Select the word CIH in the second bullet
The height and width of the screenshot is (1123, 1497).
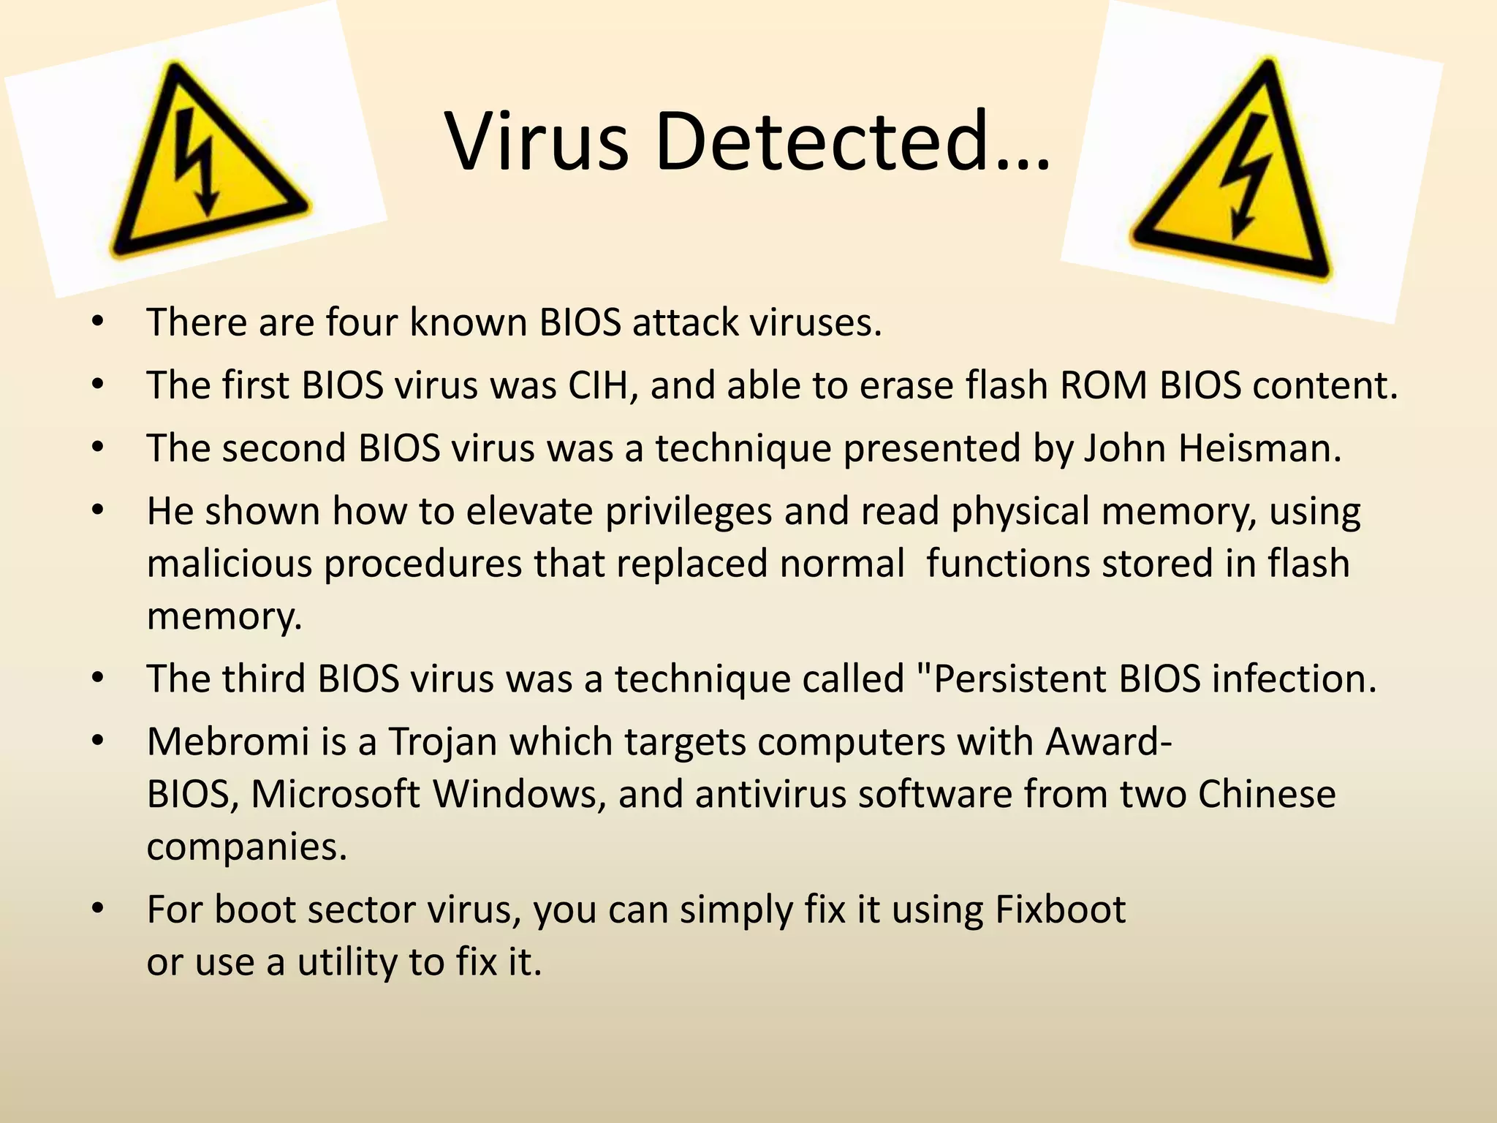pyautogui.click(x=602, y=385)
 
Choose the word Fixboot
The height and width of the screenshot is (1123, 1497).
pyautogui.click(x=1060, y=910)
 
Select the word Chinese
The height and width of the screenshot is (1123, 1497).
pyautogui.click(x=1267, y=794)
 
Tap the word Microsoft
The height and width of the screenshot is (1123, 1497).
pyautogui.click(x=336, y=794)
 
